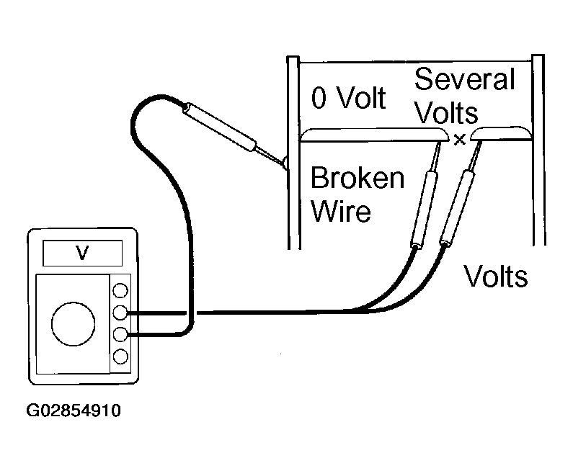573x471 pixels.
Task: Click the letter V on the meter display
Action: pyautogui.click(x=82, y=252)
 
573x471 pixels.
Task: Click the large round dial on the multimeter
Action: pyautogui.click(x=74, y=324)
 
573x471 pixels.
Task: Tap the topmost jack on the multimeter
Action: pyautogui.click(x=120, y=291)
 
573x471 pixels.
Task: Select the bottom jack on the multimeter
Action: pyautogui.click(x=120, y=356)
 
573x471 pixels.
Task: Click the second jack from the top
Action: pyautogui.click(x=120, y=313)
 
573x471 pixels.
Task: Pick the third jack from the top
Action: pyautogui.click(x=120, y=334)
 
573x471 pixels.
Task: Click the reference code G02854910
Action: pyautogui.click(x=74, y=411)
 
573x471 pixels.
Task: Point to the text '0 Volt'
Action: pyautogui.click(x=348, y=98)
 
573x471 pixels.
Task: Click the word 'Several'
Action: pyautogui.click(x=464, y=79)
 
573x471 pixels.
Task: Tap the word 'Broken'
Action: pyautogui.click(x=357, y=178)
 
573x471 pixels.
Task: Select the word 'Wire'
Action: pyautogui.click(x=341, y=211)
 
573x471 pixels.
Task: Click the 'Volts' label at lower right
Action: pyautogui.click(x=496, y=276)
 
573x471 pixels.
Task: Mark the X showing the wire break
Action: pyautogui.click(x=460, y=140)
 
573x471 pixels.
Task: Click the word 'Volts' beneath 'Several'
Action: pyautogui.click(x=446, y=112)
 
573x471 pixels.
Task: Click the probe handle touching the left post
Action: pyautogui.click(x=220, y=127)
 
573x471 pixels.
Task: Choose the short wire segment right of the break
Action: pyautogui.click(x=501, y=134)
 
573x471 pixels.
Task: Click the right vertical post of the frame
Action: pyautogui.click(x=538, y=150)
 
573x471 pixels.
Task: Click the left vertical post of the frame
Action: pyautogui.click(x=293, y=153)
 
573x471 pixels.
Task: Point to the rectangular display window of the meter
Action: pyautogui.click(x=83, y=253)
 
